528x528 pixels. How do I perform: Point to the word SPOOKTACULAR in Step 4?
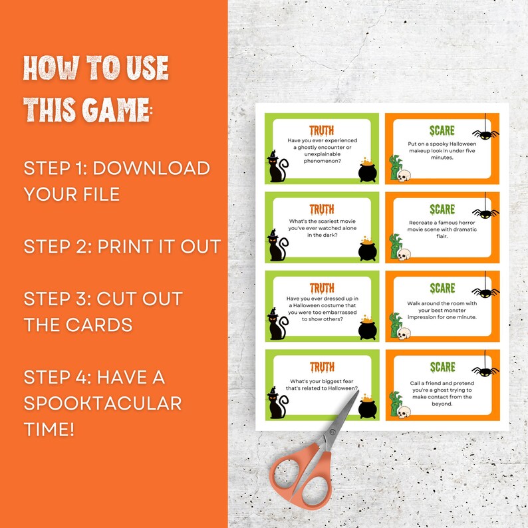point(102,403)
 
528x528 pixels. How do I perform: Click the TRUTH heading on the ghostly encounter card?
point(322,130)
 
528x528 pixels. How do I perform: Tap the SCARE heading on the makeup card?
point(442,130)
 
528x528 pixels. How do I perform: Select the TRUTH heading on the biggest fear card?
point(322,366)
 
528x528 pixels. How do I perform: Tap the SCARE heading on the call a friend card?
point(442,366)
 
